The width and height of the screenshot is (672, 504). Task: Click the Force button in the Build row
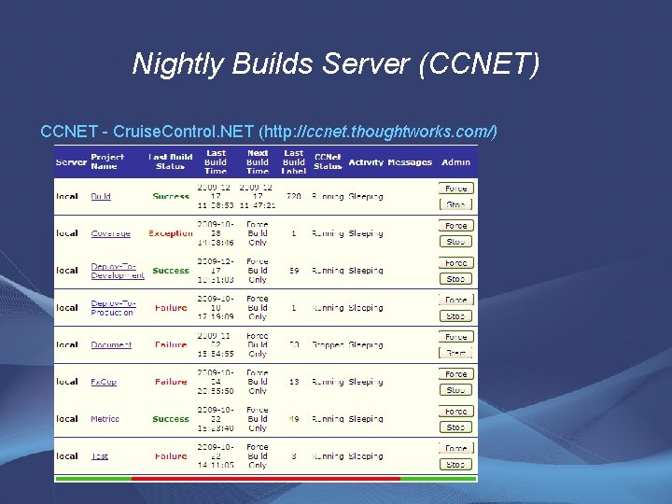click(x=456, y=189)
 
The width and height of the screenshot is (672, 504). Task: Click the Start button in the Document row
click(x=456, y=353)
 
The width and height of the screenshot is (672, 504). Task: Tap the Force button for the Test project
click(x=456, y=448)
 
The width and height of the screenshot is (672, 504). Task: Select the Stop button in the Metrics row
click(x=456, y=427)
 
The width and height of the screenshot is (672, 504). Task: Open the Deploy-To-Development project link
click(x=118, y=271)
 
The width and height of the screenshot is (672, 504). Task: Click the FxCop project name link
click(x=104, y=382)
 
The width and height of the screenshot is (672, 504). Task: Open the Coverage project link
click(x=110, y=233)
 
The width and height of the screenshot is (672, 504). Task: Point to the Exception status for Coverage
click(x=171, y=233)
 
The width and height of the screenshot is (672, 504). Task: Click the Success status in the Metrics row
click(x=171, y=419)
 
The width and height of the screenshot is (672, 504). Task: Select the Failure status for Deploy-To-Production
click(x=171, y=308)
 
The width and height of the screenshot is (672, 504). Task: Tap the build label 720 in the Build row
click(x=293, y=197)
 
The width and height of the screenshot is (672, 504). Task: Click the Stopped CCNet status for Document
click(x=328, y=344)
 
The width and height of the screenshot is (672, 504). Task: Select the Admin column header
click(x=456, y=162)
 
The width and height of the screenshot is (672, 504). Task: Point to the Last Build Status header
click(x=171, y=161)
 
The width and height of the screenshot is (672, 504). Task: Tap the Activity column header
click(x=366, y=162)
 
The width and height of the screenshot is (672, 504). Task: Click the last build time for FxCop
click(x=216, y=382)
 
